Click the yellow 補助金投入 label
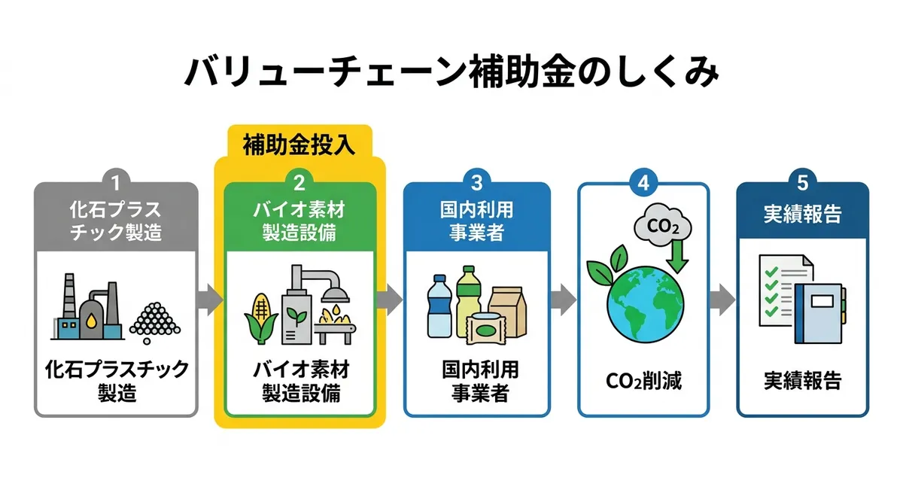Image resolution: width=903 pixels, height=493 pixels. click(299, 145)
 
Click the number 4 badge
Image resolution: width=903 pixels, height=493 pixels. click(643, 183)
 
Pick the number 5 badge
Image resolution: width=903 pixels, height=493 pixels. click(802, 183)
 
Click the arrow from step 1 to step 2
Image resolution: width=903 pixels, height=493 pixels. click(210, 300)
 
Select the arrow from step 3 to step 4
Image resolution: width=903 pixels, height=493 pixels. click(563, 300)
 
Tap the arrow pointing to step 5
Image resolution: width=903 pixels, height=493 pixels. click(722, 300)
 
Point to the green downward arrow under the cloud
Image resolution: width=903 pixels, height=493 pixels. click(677, 257)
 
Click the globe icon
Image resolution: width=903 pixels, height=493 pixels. click(645, 304)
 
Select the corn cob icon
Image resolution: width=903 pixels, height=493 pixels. click(261, 318)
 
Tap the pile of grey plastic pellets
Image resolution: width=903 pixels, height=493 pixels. click(155, 321)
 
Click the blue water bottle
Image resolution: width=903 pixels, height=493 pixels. click(439, 306)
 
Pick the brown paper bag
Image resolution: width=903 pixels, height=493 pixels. click(507, 310)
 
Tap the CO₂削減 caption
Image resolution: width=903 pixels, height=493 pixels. click(643, 381)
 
